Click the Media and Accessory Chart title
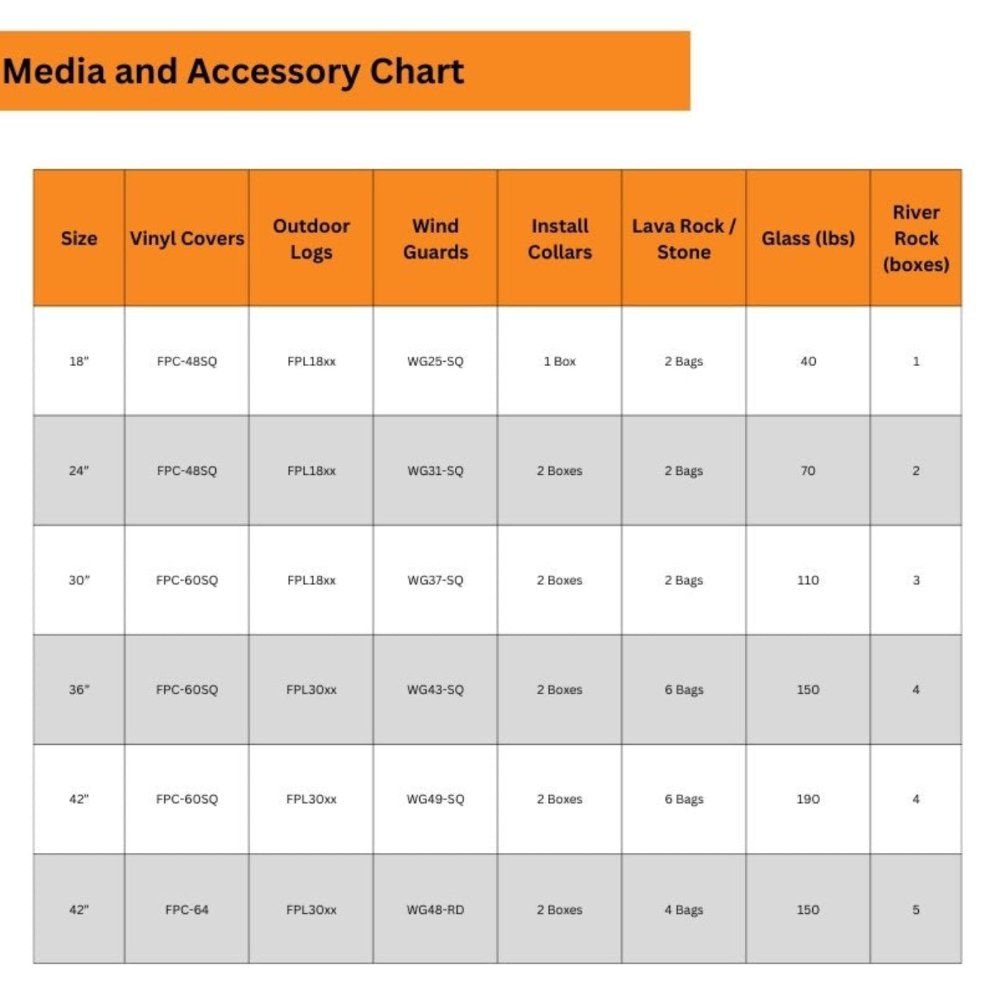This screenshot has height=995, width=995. point(233,72)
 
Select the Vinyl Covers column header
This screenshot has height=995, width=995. point(187,239)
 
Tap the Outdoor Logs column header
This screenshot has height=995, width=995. point(311,239)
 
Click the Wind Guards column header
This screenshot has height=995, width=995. point(436,239)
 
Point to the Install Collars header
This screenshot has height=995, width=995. point(560,239)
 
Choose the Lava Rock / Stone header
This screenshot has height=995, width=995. point(684,239)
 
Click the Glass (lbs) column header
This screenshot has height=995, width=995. point(808,239)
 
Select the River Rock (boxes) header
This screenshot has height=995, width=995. point(916,239)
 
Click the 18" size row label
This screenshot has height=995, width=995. point(79,362)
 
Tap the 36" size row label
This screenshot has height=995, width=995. point(79,690)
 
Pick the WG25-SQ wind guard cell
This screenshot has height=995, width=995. point(435,362)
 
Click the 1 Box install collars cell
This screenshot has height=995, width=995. point(560,362)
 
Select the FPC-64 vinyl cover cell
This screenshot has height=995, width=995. point(187,910)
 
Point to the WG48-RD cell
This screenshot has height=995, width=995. point(435,910)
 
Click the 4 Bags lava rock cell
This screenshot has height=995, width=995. point(684,910)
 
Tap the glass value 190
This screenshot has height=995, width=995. point(808,800)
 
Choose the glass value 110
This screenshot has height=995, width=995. point(808,581)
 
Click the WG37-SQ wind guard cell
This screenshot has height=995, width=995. point(435,581)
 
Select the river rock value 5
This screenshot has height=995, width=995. point(916,910)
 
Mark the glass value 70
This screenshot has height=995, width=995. point(808,471)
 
